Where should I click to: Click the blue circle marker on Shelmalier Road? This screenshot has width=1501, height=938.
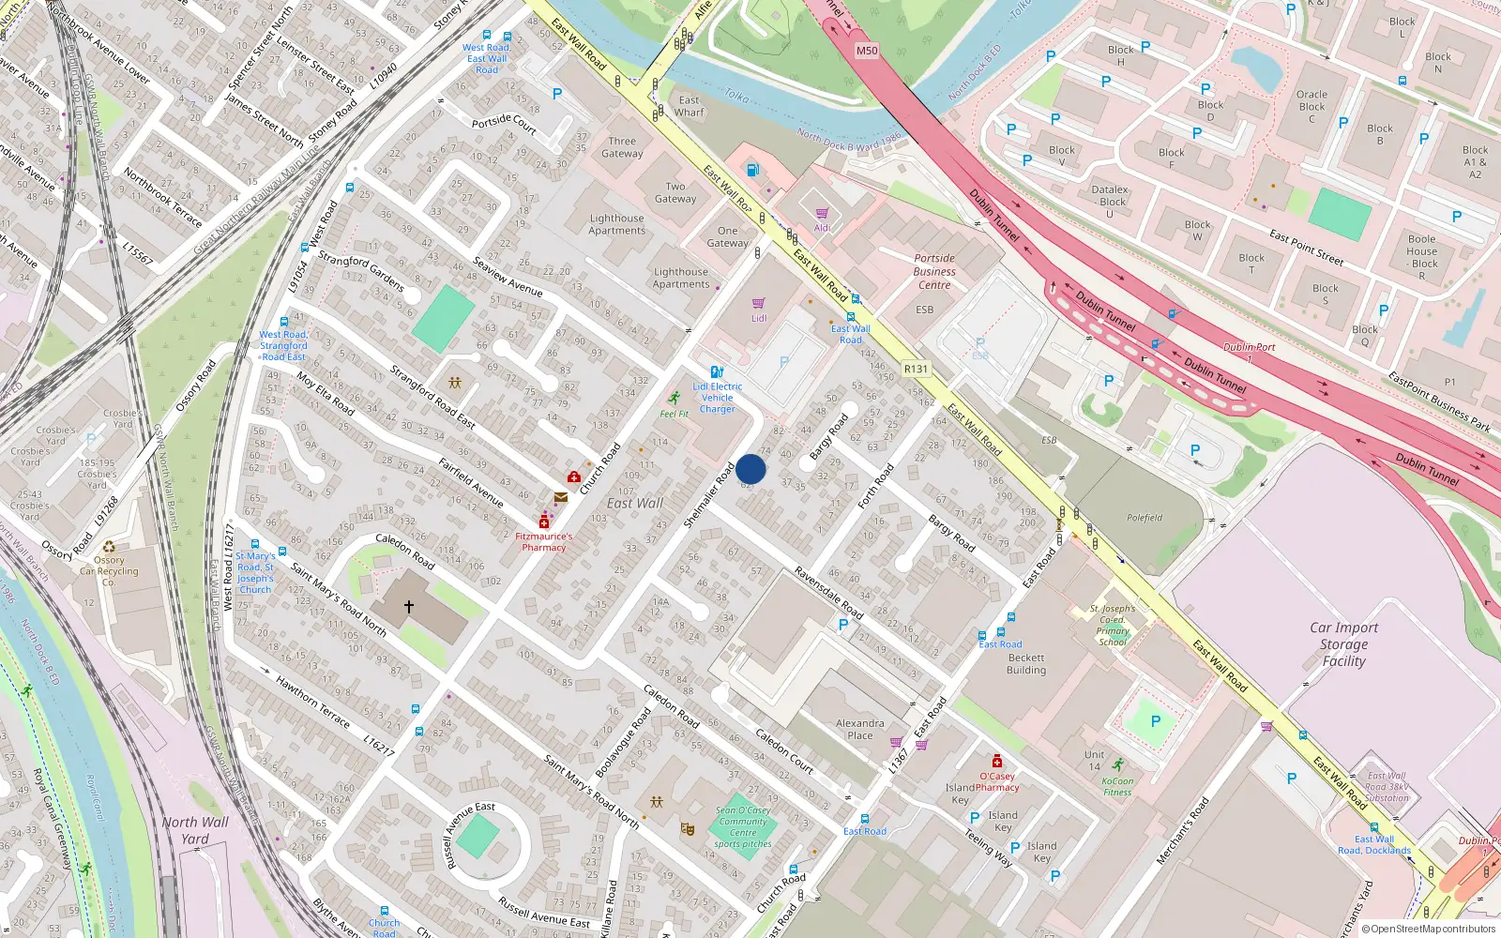(750, 469)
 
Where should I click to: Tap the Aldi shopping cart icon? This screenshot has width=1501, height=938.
(822, 214)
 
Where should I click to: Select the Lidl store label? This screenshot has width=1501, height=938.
(759, 318)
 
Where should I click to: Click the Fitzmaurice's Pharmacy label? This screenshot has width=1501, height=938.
(544, 542)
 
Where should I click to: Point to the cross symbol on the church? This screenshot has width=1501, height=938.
(409, 607)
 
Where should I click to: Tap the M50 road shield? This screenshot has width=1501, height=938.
(867, 51)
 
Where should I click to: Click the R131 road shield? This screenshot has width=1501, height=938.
(916, 370)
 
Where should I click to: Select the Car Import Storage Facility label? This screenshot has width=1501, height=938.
(1343, 644)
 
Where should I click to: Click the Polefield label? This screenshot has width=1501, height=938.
(1145, 518)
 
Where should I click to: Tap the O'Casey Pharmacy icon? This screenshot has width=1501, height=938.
(997, 761)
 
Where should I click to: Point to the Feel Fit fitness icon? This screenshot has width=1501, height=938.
(674, 399)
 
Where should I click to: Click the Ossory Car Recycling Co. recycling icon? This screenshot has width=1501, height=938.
(109, 547)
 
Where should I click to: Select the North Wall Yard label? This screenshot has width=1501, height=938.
(195, 830)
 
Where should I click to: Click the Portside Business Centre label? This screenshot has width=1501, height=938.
(934, 271)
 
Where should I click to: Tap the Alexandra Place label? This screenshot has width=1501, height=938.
(860, 729)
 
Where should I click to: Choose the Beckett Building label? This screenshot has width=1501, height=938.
(1026, 664)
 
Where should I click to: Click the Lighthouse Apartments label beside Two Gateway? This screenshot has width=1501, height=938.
(616, 224)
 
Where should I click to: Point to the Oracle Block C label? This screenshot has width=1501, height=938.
(1311, 106)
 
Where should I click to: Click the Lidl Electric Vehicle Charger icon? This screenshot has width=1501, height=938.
(717, 372)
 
